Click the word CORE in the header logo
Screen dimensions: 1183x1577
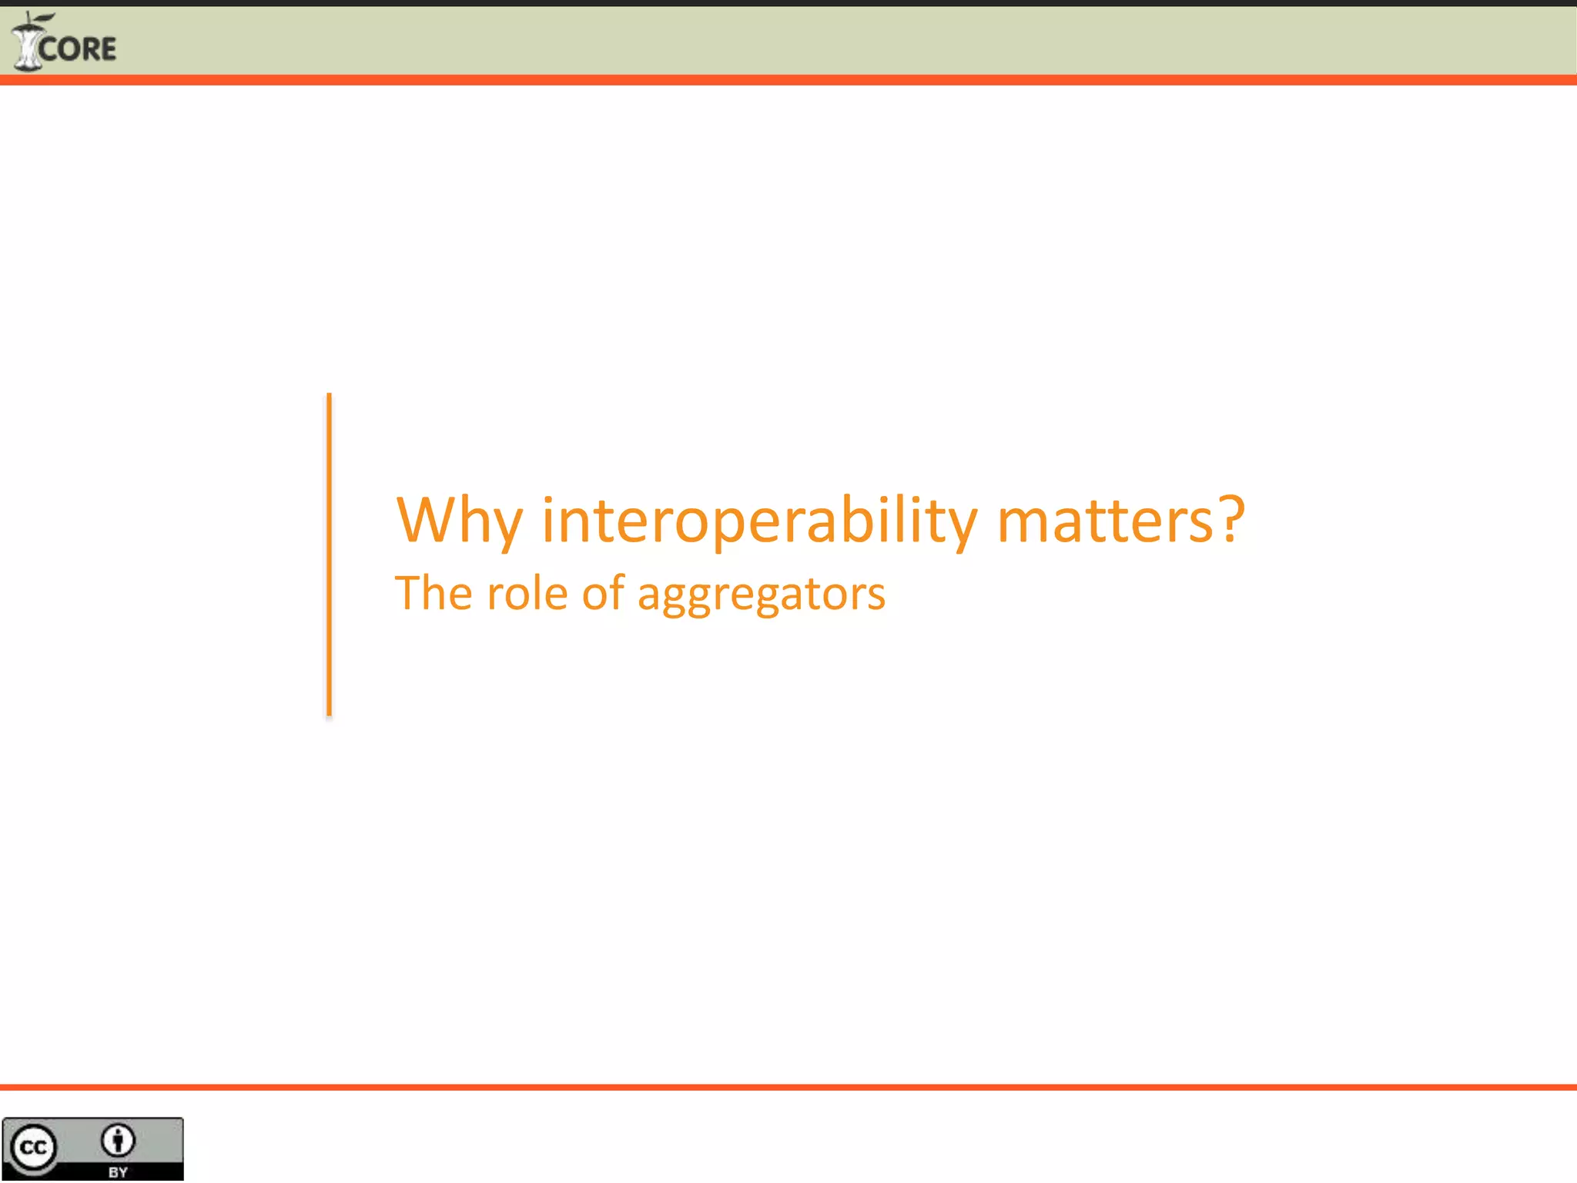pyautogui.click(x=77, y=49)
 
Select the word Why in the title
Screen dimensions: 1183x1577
pyautogui.click(x=459, y=521)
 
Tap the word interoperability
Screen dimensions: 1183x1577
pyautogui.click(x=759, y=521)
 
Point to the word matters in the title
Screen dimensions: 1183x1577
pyautogui.click(x=1105, y=521)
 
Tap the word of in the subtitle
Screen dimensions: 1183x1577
pyautogui.click(x=603, y=593)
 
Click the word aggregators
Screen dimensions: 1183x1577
pyautogui.click(x=762, y=595)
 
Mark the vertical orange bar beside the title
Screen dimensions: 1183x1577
pyautogui.click(x=330, y=555)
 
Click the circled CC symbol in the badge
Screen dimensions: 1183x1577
pyautogui.click(x=33, y=1148)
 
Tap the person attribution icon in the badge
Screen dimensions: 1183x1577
pyautogui.click(x=118, y=1141)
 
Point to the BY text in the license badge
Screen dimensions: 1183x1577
pyautogui.click(x=118, y=1172)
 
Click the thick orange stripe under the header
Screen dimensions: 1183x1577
pyautogui.click(x=788, y=80)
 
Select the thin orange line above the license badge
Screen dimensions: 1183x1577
pyautogui.click(x=788, y=1087)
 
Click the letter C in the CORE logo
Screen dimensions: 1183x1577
pyautogui.click(x=48, y=50)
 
